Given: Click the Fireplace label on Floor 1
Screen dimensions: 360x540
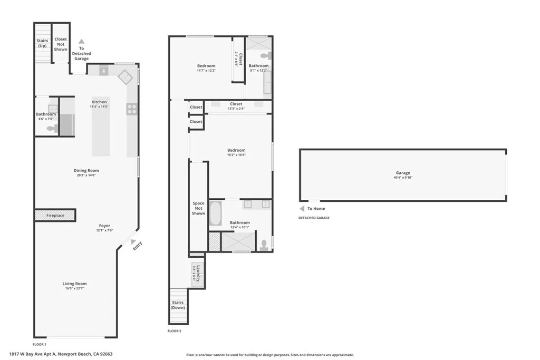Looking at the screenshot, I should pyautogui.click(x=55, y=216).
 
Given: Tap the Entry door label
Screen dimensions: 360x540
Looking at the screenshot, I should pyautogui.click(x=137, y=245).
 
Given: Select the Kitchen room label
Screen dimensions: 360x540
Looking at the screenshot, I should pyautogui.click(x=99, y=102).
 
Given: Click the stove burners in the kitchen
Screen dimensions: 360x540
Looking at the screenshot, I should pyautogui.click(x=131, y=109).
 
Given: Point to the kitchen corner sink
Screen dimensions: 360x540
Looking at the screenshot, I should pyautogui.click(x=126, y=76).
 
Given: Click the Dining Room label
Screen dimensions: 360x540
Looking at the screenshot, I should pyautogui.click(x=86, y=170).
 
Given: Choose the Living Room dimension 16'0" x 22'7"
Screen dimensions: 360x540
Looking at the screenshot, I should pyautogui.click(x=74, y=288).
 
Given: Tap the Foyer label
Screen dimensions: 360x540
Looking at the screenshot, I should pyautogui.click(x=104, y=226).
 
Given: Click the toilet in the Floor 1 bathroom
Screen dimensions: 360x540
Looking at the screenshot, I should pyautogui.click(x=51, y=128).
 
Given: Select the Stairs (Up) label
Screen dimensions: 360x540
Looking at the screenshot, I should pyautogui.click(x=42, y=43).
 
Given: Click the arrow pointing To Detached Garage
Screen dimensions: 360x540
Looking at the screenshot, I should pyautogui.click(x=81, y=41).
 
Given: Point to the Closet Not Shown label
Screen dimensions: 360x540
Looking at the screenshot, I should pyautogui.click(x=61, y=44).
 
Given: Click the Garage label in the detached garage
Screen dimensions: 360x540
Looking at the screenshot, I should pyautogui.click(x=403, y=173).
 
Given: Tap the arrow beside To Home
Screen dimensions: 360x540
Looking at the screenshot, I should pyautogui.click(x=302, y=209).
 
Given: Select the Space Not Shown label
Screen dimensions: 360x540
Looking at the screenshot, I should pyautogui.click(x=198, y=208).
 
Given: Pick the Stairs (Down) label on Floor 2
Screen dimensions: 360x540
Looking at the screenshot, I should pyautogui.click(x=178, y=305).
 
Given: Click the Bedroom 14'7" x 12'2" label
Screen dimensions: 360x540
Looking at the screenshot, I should pyautogui.click(x=206, y=66).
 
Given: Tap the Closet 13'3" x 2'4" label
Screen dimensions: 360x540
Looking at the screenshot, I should pyautogui.click(x=236, y=104).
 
